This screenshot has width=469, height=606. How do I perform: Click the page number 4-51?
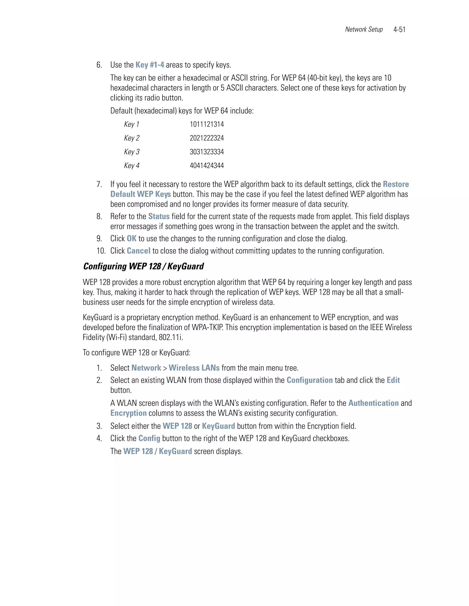coord(399,30)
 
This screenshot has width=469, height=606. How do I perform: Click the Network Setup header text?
coord(364,30)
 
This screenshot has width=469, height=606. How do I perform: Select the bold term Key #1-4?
coord(150,65)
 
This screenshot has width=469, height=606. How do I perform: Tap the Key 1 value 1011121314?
coord(207,124)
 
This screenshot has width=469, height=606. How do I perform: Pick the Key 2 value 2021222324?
coord(207,138)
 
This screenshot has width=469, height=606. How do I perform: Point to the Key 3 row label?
coord(132,152)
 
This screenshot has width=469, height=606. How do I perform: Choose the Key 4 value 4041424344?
coord(207,166)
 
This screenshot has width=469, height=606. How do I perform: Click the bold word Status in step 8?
coord(159,216)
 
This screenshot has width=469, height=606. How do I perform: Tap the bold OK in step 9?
coord(131,239)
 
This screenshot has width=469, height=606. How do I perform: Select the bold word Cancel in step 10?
coord(138,251)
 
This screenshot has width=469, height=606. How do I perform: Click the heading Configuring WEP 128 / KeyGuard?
coord(143,266)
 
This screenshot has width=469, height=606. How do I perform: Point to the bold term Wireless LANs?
coord(194,368)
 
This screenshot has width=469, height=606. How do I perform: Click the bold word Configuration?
coord(310,380)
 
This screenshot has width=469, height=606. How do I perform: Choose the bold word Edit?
coord(393,380)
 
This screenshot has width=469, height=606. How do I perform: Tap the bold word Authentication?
coord(374,403)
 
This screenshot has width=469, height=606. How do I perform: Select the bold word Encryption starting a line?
coord(128,413)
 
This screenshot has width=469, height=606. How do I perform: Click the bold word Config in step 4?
coord(149,438)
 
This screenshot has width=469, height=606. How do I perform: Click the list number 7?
coord(99,185)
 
